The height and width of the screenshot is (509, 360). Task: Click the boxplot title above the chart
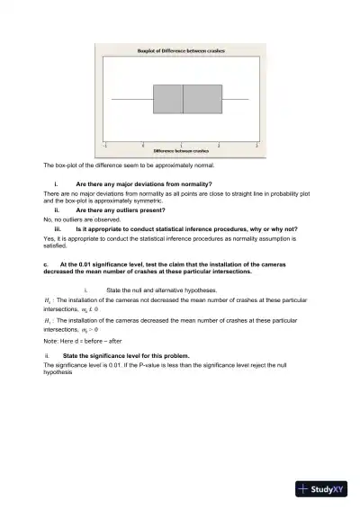point(181,52)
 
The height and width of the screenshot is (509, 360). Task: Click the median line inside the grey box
point(183,98)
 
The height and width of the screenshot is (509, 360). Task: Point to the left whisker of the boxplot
point(131,98)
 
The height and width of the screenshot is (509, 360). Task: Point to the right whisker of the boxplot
point(235,98)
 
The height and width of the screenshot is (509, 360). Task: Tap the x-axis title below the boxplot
point(181,150)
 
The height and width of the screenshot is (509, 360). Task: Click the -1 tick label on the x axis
point(105,144)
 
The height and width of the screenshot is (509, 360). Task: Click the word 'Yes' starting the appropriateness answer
point(49,237)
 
